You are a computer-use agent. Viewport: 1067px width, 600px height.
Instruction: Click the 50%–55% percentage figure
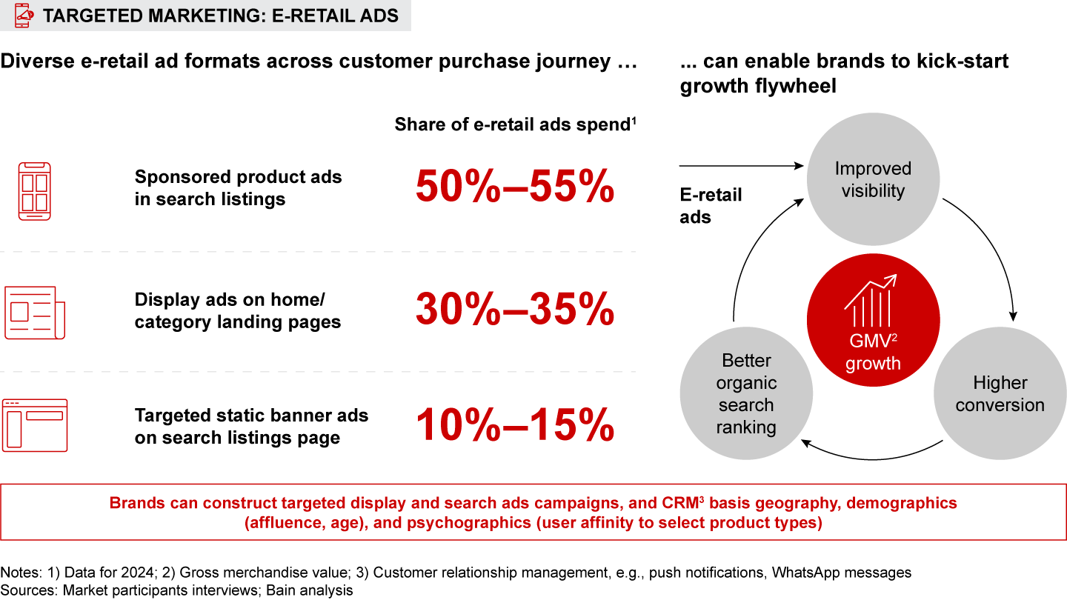[x=515, y=187]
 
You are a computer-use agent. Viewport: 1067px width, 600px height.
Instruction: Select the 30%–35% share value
[x=515, y=310]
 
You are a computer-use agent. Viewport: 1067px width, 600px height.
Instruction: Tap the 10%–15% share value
[x=515, y=425]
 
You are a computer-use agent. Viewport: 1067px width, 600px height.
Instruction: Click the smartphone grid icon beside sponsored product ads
[x=35, y=191]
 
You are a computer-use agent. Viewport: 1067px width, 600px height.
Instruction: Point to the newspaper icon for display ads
[x=35, y=313]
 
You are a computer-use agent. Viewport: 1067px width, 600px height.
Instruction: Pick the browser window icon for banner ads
[x=35, y=424]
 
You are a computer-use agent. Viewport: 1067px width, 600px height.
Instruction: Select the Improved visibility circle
[x=873, y=180]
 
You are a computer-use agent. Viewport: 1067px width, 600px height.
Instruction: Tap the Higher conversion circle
[x=1000, y=394]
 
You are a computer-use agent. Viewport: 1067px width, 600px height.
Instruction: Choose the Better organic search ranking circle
[x=746, y=394]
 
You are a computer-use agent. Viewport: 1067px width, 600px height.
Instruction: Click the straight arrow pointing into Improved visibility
[x=741, y=167]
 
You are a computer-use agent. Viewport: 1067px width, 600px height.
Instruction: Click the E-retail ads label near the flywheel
[x=711, y=206]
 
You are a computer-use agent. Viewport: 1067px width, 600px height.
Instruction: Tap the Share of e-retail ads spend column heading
[x=516, y=124]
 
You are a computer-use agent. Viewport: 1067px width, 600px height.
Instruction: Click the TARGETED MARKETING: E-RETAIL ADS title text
[x=221, y=15]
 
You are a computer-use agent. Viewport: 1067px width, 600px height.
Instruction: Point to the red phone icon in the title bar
[x=24, y=15]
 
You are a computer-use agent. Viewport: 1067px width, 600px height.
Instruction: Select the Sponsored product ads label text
[x=238, y=188]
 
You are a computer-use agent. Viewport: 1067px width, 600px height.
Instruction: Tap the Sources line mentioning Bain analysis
[x=177, y=590]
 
